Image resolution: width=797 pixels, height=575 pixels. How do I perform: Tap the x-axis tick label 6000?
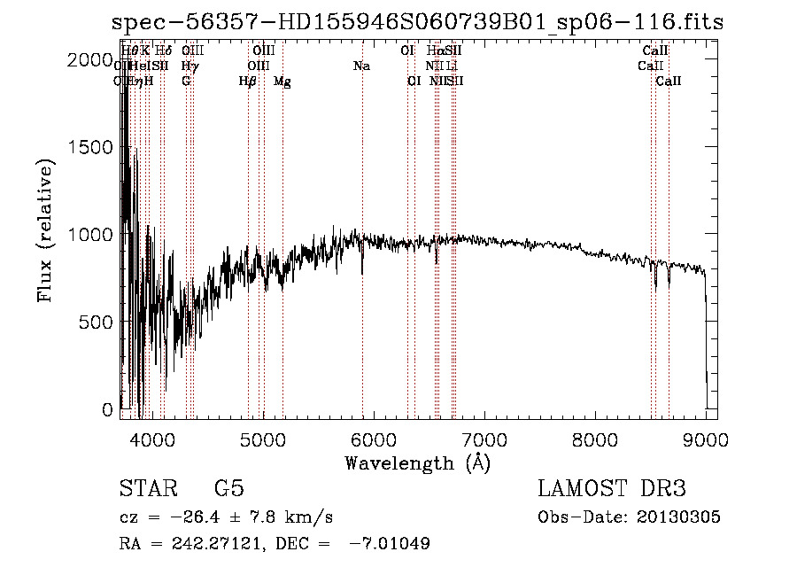(373, 438)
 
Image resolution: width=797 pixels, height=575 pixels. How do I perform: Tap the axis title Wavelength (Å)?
(417, 462)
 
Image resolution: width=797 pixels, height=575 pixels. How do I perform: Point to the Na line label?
(361, 66)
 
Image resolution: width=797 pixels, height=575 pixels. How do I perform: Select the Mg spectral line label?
(282, 82)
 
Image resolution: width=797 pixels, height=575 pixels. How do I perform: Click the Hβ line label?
(248, 82)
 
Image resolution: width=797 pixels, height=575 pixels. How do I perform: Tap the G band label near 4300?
(186, 82)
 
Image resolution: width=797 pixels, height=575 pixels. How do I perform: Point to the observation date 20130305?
(678, 517)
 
